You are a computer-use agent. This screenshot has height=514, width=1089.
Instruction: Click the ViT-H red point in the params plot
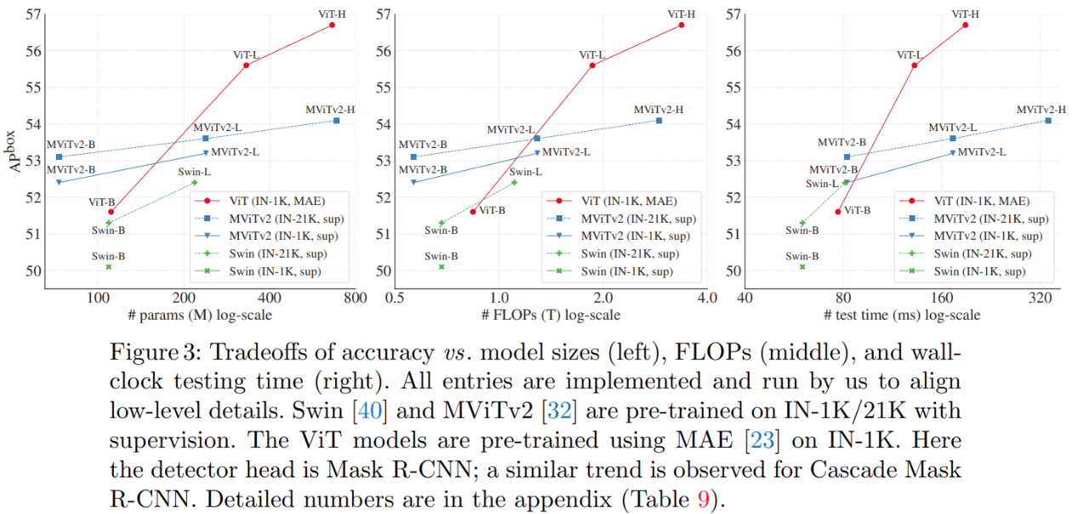(332, 25)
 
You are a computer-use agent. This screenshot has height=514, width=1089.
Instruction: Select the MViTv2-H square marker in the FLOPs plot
(659, 120)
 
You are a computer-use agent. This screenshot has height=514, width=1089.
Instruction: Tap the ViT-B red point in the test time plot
(838, 211)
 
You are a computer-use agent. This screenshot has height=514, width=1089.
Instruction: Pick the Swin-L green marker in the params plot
(194, 182)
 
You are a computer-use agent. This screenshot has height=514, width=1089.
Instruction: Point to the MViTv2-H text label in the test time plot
(1041, 110)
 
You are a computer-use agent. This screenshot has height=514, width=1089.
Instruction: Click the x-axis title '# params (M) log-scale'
(202, 315)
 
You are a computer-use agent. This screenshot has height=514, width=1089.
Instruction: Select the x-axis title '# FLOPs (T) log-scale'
(550, 315)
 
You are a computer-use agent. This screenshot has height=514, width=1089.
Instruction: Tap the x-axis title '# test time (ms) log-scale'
(902, 315)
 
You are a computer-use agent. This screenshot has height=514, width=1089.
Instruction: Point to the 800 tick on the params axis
(355, 299)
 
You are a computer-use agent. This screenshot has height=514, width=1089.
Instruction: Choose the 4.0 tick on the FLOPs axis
(706, 299)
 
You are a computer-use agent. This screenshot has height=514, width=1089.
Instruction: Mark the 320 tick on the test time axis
(1042, 299)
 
